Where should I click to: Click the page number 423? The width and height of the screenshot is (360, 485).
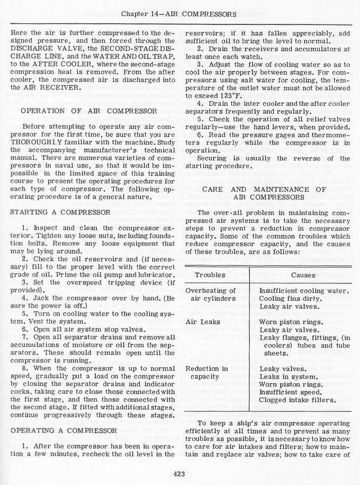tap(178, 474)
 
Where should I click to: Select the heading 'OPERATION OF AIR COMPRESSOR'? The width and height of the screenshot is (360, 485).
tap(88, 111)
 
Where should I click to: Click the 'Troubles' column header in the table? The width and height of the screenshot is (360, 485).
tap(210, 275)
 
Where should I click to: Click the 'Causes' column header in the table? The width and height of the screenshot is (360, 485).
tap(303, 275)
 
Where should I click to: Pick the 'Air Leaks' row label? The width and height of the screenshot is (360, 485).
tap(199, 321)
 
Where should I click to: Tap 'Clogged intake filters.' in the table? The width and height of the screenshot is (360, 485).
tap(298, 399)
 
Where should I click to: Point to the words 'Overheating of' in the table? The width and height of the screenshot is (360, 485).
tap(210, 290)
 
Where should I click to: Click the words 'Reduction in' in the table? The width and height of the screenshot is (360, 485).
tap(206, 368)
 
